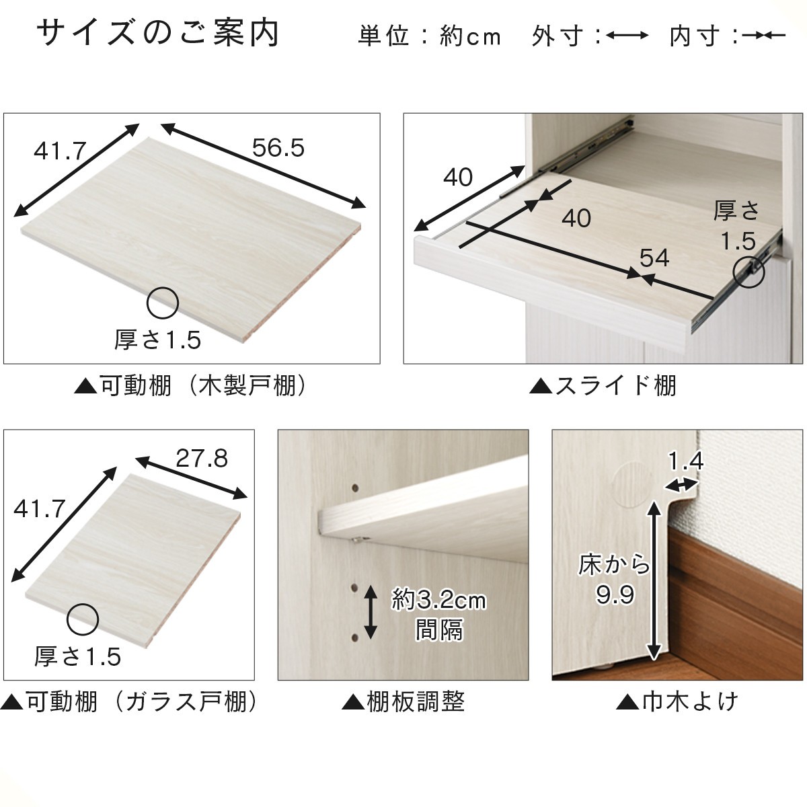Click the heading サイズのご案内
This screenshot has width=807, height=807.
[x=158, y=34]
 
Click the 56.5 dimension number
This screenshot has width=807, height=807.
[x=278, y=148]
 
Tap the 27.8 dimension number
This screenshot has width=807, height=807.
[x=202, y=459]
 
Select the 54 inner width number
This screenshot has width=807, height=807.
[x=654, y=258]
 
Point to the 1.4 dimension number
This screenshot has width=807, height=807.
[x=686, y=461]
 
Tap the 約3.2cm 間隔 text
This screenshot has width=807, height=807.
[x=439, y=615]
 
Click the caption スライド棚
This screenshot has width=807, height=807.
[x=603, y=386]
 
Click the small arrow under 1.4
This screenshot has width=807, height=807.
[x=681, y=485]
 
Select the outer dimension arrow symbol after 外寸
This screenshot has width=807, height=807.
[x=627, y=36]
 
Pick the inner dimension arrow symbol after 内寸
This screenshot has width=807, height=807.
[x=763, y=36]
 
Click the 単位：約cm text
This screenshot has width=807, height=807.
[x=430, y=36]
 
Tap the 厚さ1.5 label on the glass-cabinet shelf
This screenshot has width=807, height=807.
[x=78, y=656]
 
